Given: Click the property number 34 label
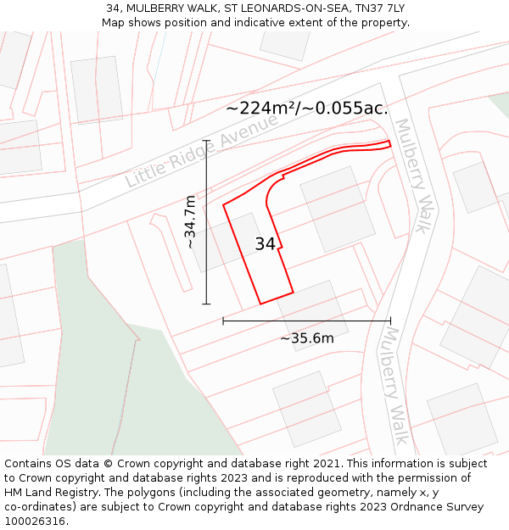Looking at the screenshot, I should (266, 244).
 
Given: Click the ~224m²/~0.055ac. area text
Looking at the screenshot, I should (307, 108).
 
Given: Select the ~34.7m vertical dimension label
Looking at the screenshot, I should (191, 221).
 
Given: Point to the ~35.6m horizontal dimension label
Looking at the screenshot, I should (307, 338).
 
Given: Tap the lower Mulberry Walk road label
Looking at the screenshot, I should (393, 386).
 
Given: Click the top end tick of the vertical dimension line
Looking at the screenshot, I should (206, 140).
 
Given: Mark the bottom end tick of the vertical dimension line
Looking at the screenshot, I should (206, 304).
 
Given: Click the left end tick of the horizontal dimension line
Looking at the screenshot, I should (223, 321).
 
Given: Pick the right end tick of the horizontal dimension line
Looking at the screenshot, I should (390, 321).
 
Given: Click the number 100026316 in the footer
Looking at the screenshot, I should (35, 522).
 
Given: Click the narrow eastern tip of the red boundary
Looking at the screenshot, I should (389, 143).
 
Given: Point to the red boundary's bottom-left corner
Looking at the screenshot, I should (260, 304).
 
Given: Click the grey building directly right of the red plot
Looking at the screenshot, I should (338, 209).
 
